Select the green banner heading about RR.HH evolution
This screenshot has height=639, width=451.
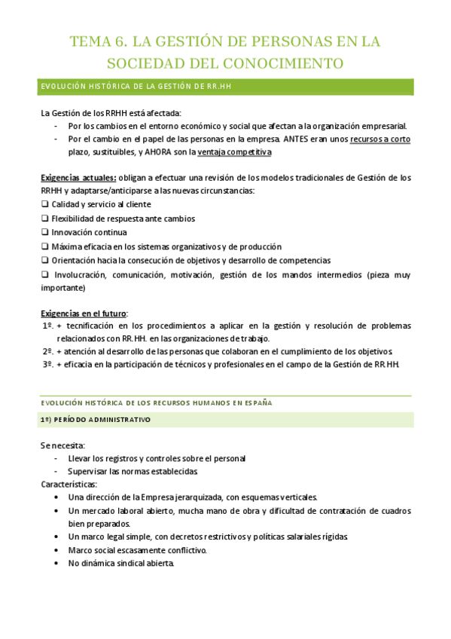tap(226, 87)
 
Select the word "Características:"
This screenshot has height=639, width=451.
tap(69, 485)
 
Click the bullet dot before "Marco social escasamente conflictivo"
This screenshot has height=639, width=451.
tap(59, 550)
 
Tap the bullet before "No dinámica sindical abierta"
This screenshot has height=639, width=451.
tap(59, 563)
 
